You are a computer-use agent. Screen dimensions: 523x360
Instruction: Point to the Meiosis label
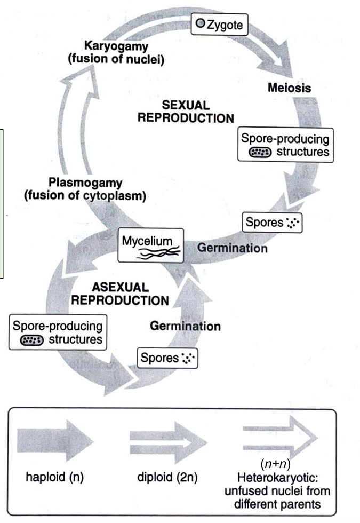pos(289,86)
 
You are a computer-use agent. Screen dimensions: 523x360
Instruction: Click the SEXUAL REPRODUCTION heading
pos(186,111)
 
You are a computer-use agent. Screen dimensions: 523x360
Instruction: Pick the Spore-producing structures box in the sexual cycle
pos(285,145)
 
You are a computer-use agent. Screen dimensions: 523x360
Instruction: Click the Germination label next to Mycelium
pos(233,248)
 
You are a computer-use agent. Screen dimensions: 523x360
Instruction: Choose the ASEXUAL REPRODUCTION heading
pos(120,293)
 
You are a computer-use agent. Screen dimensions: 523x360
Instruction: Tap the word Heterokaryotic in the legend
pos(277,477)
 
